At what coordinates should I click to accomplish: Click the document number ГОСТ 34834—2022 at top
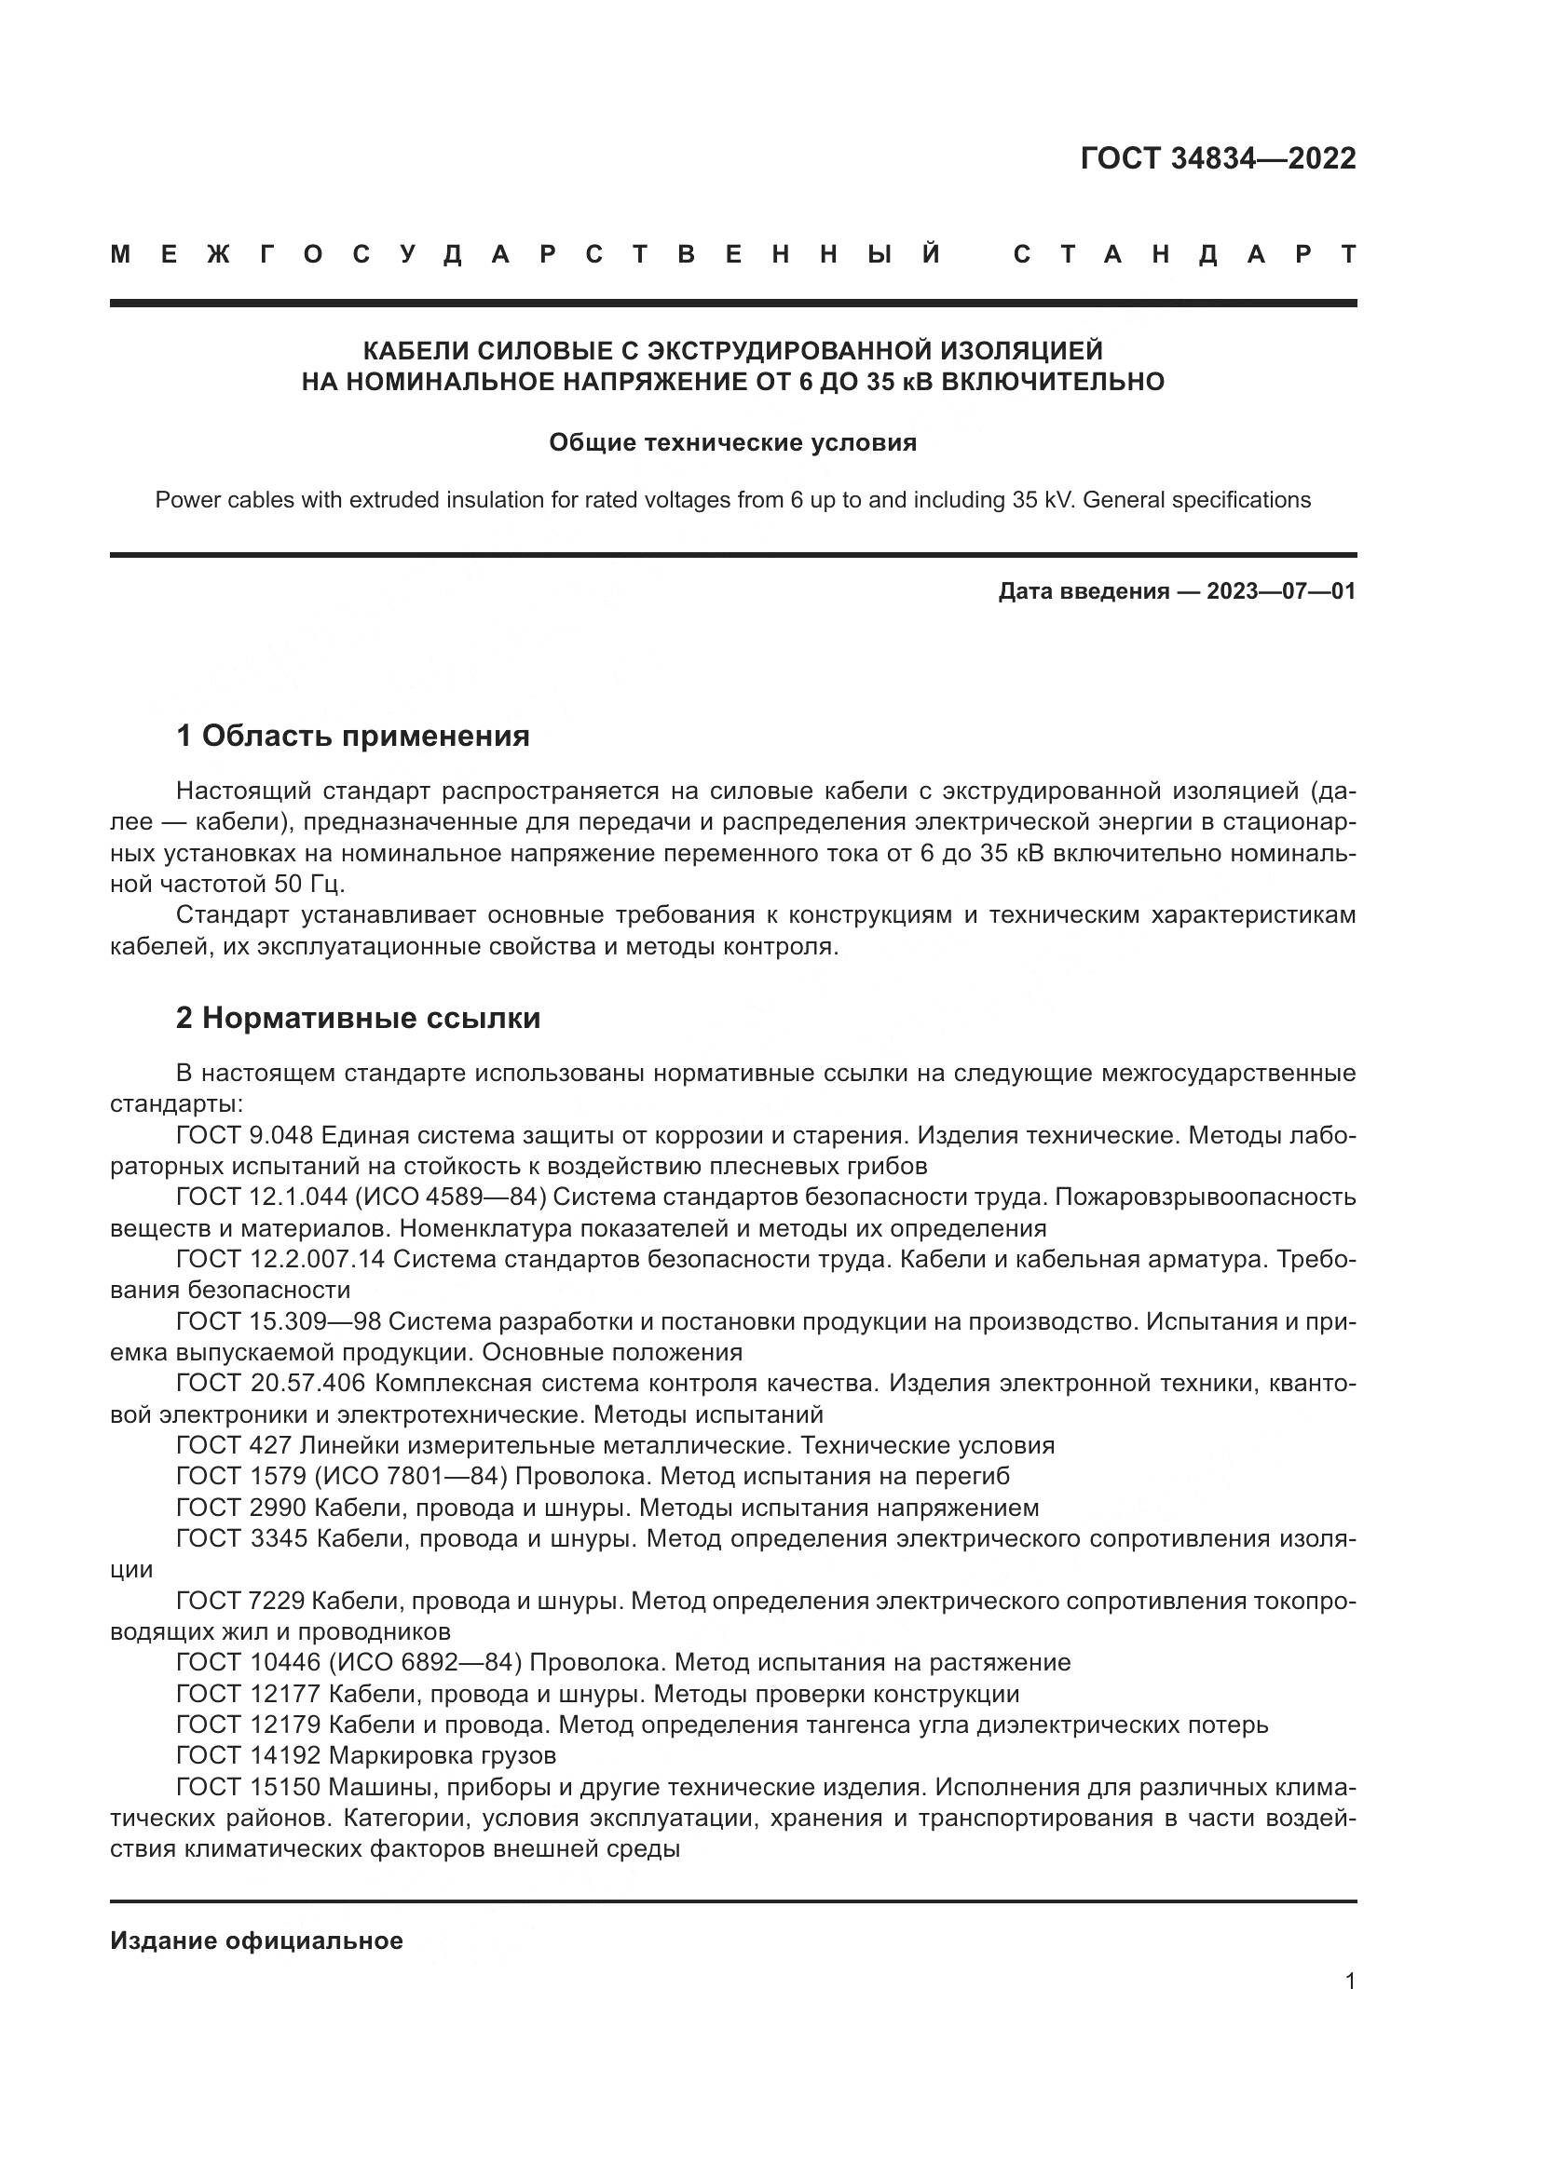(x=1218, y=158)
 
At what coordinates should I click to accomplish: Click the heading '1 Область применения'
(x=353, y=736)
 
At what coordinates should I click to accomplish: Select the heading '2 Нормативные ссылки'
(x=358, y=1018)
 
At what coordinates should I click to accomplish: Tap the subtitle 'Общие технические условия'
(x=732, y=443)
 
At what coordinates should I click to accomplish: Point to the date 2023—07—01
(x=1281, y=592)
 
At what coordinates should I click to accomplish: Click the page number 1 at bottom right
(x=1349, y=1981)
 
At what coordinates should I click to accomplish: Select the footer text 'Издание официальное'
(x=256, y=1941)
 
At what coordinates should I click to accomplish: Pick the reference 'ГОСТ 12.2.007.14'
(x=280, y=1259)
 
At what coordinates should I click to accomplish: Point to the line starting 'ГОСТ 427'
(x=615, y=1446)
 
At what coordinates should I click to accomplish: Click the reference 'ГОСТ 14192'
(x=249, y=1755)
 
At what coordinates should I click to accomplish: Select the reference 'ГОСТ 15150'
(x=249, y=1787)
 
